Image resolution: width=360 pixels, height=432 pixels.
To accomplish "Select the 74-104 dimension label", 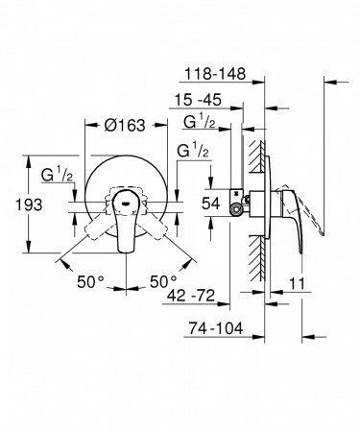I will (x=216, y=327).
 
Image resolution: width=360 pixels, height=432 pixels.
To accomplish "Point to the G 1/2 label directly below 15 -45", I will (x=199, y=123).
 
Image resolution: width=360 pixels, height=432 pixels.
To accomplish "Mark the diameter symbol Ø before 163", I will (x=108, y=125).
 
